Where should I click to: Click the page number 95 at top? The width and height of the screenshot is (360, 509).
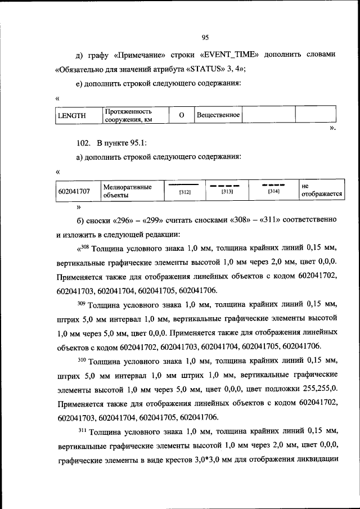205,38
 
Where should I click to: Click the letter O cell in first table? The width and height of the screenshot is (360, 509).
182,115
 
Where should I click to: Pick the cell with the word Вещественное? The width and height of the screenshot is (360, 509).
218,115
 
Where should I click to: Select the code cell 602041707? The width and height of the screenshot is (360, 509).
74,191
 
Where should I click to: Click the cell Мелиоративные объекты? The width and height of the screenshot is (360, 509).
127,191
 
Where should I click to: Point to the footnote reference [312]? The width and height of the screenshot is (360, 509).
185,193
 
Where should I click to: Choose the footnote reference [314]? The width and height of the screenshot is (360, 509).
274,192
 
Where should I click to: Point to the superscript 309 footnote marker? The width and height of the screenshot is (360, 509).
82,304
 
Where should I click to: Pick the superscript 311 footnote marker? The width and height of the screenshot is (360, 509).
82,431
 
